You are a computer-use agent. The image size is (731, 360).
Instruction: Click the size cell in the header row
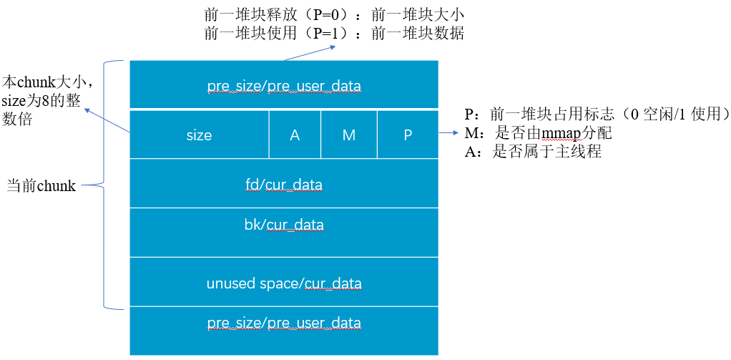(x=199, y=135)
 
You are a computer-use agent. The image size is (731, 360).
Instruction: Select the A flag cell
(x=295, y=135)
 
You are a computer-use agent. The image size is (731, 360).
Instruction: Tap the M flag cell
(x=349, y=135)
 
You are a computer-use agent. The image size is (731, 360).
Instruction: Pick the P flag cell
(x=408, y=135)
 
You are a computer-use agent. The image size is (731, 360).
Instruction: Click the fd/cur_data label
(x=283, y=185)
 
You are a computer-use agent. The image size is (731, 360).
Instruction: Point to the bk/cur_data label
(x=283, y=225)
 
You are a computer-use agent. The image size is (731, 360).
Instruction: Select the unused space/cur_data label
(x=283, y=283)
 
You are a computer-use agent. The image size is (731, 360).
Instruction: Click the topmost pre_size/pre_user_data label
(x=283, y=87)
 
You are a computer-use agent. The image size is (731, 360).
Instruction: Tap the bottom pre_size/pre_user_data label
(x=283, y=323)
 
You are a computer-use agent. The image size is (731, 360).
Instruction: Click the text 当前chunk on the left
(x=41, y=186)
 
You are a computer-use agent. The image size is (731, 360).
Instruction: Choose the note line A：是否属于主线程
(x=532, y=152)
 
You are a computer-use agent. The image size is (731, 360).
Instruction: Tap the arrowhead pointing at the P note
(x=456, y=133)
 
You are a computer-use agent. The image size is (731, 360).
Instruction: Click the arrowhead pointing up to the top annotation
(x=333, y=47)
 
